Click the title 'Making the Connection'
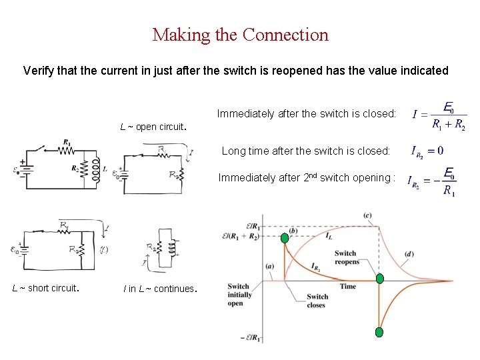240,35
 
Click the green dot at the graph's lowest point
379,331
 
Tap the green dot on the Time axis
379,279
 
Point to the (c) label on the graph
368,215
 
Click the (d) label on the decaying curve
408,253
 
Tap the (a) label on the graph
270,266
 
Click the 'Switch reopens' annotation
346,257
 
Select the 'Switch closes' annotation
317,301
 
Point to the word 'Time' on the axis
348,286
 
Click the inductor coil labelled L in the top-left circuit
96,170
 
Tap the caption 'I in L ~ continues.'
159,289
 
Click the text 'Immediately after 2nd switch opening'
307,177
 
